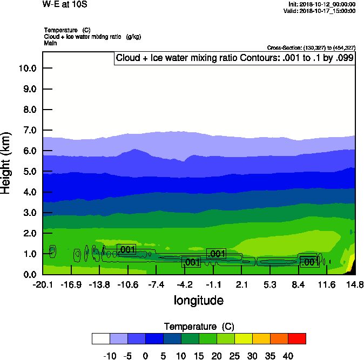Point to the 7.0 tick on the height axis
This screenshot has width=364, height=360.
pos(28,130)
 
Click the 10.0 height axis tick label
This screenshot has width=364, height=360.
pos(26,69)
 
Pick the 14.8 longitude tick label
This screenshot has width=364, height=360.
pos(355,284)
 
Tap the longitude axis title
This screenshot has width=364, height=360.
pos(199,300)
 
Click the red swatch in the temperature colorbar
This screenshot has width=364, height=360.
pos(296,338)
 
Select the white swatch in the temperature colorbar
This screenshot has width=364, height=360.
pos(101,338)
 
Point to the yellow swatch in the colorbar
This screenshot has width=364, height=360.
pos(243,338)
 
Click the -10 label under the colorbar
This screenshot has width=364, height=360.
pos(110,356)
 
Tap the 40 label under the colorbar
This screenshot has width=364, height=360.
pos(288,356)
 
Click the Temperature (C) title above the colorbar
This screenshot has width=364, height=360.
pos(199,327)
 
